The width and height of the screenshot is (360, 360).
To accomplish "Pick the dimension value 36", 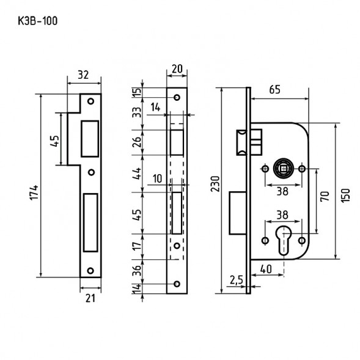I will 138,270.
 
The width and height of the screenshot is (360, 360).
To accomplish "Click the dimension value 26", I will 138,142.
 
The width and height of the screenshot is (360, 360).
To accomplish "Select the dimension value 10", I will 158,178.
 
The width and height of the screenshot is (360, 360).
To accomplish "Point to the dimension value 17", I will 138,246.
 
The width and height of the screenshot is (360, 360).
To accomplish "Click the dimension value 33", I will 138,114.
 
